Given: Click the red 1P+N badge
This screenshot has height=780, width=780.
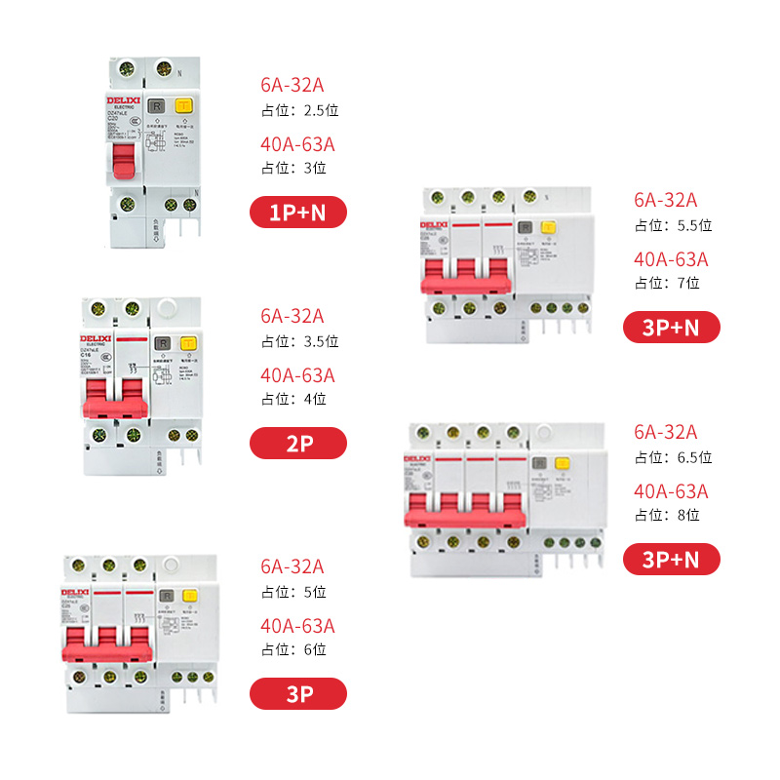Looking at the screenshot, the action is click(298, 212).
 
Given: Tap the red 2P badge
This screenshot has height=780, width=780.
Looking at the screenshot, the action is click(298, 443).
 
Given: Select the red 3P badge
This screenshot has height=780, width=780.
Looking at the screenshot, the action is click(298, 693).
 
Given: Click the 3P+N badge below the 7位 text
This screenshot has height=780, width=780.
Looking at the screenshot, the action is click(672, 327).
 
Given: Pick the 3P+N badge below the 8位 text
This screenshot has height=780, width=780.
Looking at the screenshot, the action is click(672, 559).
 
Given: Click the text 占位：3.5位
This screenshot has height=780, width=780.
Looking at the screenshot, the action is click(299, 341).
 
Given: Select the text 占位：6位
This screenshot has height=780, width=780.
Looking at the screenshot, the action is click(292, 649).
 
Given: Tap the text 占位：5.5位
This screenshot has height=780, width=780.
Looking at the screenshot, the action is click(673, 225).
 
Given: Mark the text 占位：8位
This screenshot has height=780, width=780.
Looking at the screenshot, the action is click(667, 515).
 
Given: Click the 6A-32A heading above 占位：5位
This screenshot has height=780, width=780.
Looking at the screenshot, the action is click(292, 566).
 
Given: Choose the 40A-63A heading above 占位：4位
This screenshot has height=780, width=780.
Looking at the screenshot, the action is click(297, 375).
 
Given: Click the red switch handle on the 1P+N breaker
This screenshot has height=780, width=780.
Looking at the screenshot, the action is click(124, 169).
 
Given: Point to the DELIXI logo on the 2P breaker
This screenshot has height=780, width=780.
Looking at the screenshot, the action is click(97, 338).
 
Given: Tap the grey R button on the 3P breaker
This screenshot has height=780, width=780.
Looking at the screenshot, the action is click(167, 596).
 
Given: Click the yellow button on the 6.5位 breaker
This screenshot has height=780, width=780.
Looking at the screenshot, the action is click(562, 465).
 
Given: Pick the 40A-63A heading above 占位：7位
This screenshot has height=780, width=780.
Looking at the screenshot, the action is click(671, 259).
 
